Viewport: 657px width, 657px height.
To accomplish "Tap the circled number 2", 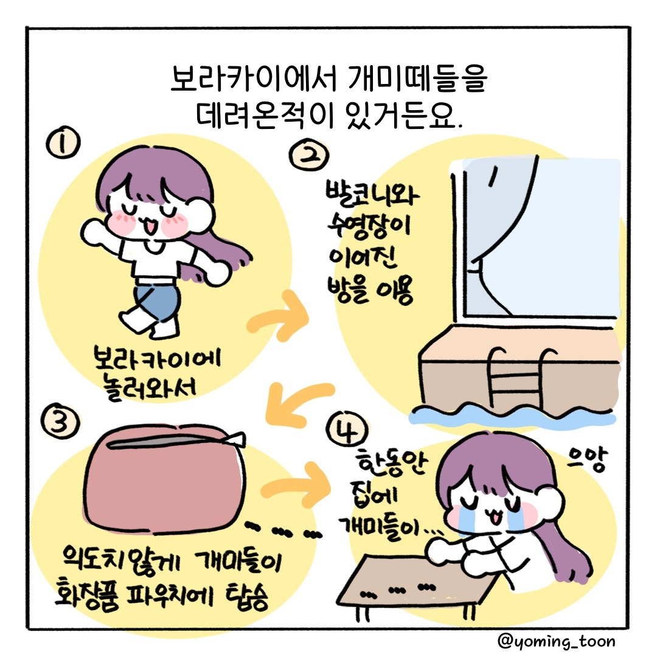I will pyautogui.click(x=310, y=157).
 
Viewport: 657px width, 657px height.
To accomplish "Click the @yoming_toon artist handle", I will pyautogui.click(x=555, y=641).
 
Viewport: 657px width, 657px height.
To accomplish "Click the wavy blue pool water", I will pyautogui.click(x=517, y=414).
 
